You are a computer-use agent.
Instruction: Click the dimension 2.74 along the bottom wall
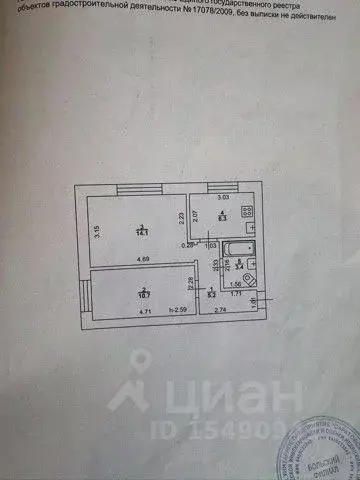[x=219, y=314]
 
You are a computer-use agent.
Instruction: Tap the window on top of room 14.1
[x=141, y=189]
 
